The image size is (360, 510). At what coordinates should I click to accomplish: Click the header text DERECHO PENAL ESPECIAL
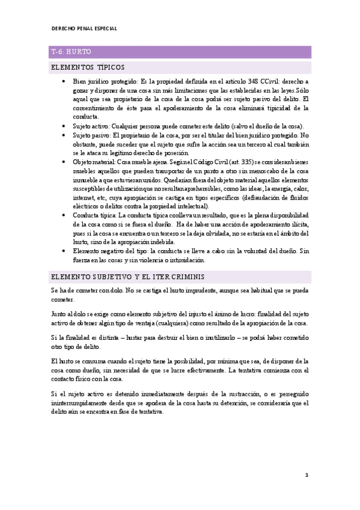tap(84, 28)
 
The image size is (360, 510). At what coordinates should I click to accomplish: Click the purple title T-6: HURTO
tap(71, 52)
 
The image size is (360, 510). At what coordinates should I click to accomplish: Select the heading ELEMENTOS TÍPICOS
tap(88, 67)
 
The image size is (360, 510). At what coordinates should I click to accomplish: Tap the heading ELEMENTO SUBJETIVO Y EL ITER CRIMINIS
tap(128, 276)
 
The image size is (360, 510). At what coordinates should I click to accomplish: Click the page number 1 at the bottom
tap(307, 475)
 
